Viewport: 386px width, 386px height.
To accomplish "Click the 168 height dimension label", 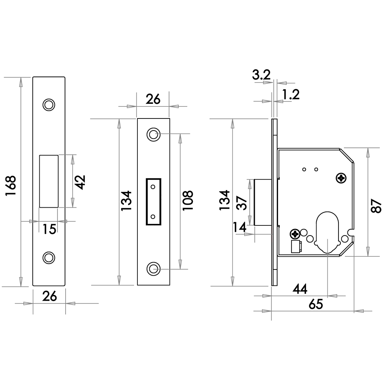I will coord(11,186).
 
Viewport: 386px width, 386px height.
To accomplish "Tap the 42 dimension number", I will coord(80,181).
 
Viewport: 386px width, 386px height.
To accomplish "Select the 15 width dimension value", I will coord(49,229).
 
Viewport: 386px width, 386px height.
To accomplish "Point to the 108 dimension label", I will coord(188,200).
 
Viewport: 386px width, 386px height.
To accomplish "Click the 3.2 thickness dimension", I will coord(261,75).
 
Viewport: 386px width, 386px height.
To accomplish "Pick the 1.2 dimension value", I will coord(291,94).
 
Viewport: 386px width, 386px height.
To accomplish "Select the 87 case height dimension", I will coord(376,204).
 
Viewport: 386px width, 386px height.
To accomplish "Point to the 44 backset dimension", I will coord(300,289).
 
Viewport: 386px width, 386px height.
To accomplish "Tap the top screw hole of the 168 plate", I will coord(49,105).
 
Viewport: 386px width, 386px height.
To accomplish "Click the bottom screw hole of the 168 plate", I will coord(49,257).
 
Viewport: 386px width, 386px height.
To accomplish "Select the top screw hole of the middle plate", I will coord(153,134).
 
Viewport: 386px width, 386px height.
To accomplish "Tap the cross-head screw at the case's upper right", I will coord(341,178).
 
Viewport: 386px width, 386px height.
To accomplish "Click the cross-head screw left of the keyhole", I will coord(296,234).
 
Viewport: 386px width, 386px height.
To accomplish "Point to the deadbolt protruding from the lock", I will coord(262,202).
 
